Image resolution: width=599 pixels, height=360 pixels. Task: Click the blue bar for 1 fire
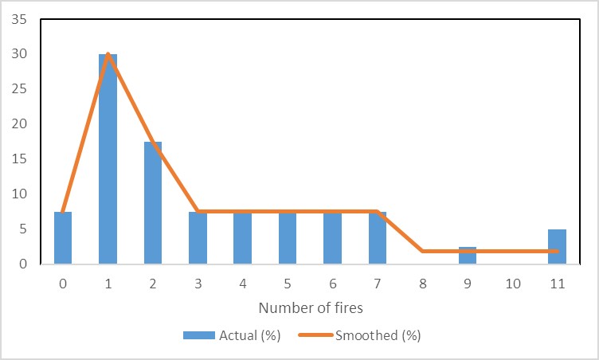[x=108, y=159]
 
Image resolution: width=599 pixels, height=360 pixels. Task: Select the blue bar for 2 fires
[x=152, y=203]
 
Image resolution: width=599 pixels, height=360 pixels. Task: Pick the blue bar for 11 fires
[x=558, y=246]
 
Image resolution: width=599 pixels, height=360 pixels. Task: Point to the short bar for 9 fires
[x=468, y=255]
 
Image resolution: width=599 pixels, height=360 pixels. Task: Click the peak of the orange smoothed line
[x=108, y=54]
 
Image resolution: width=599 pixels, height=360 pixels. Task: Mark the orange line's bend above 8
[x=423, y=251]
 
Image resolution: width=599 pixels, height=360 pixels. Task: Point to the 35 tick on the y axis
[x=18, y=19]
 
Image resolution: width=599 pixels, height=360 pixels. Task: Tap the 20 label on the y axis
[x=18, y=123]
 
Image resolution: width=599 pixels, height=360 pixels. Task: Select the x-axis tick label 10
[x=512, y=283]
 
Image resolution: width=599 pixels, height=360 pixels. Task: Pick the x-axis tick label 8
[x=423, y=283]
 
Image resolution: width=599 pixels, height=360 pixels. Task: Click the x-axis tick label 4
[x=243, y=283]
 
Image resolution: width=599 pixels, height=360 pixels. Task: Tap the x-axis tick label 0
[x=63, y=283]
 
